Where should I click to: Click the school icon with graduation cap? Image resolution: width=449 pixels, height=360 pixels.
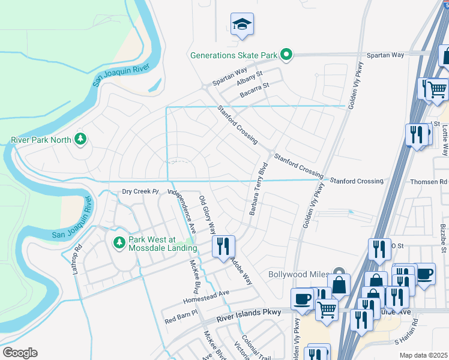pos(241,25)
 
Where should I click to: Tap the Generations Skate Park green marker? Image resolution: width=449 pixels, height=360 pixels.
pos(286,55)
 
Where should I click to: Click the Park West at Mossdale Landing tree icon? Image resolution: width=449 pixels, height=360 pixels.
pos(118,242)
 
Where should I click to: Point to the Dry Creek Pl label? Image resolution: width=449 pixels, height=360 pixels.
pos(139,192)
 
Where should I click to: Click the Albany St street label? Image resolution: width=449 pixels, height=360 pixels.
pos(250,74)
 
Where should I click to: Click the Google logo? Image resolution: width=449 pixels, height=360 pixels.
pos(20,353)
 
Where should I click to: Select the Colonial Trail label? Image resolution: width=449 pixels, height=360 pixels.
pos(252,347)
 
